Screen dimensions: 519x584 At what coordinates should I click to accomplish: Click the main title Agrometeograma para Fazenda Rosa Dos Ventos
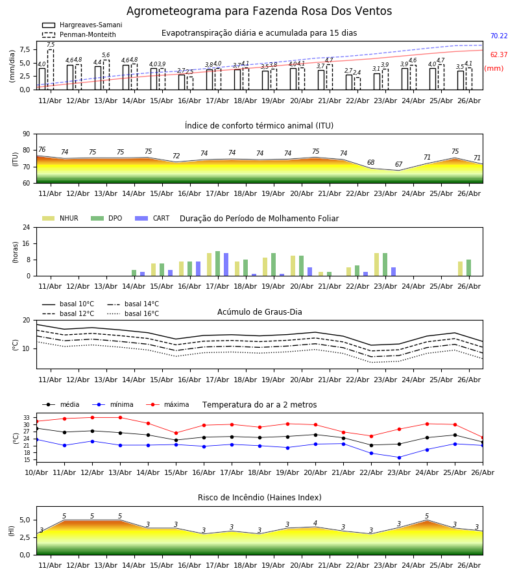259,11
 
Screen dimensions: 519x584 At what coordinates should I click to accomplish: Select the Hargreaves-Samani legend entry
82,25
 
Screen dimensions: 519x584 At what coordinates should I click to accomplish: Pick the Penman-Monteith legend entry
79,34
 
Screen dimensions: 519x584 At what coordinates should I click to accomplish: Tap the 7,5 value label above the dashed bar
51,45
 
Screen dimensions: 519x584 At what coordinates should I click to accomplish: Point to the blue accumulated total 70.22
499,36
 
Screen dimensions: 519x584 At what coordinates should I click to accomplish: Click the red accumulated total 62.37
499,55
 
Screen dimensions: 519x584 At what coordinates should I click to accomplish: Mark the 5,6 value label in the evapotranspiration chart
106,55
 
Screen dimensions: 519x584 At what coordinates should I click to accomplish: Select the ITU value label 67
399,164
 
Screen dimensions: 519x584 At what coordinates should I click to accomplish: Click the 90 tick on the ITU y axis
27,134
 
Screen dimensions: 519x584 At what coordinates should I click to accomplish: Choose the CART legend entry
152,218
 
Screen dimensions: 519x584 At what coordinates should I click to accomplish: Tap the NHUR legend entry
60,218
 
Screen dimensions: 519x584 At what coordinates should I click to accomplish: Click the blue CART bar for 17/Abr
226,265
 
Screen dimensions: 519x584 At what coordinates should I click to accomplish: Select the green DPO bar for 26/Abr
469,268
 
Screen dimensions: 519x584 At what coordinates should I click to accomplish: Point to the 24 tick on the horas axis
27,227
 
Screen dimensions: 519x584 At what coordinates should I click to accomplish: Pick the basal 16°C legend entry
133,313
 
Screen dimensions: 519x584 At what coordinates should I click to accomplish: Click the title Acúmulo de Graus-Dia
259,312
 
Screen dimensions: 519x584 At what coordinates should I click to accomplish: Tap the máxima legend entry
167,404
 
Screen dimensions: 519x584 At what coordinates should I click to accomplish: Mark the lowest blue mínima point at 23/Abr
399,457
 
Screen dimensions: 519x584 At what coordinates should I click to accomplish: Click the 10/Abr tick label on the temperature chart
36,472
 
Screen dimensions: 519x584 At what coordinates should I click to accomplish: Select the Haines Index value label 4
315,523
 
